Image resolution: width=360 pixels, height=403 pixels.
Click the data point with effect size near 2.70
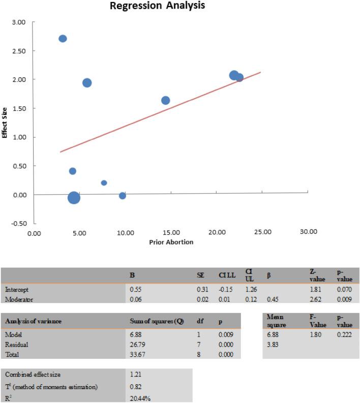pos(63,39)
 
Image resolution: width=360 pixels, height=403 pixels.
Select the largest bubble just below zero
pos(74,198)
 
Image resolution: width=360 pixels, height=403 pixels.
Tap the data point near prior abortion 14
pos(165,101)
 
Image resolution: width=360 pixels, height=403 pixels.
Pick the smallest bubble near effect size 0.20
pos(104,183)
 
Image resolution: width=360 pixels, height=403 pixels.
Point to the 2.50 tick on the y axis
pos(18,51)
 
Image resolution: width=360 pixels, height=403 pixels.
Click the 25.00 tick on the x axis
pos(262,231)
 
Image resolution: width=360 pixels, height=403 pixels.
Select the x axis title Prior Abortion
pos(171,242)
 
